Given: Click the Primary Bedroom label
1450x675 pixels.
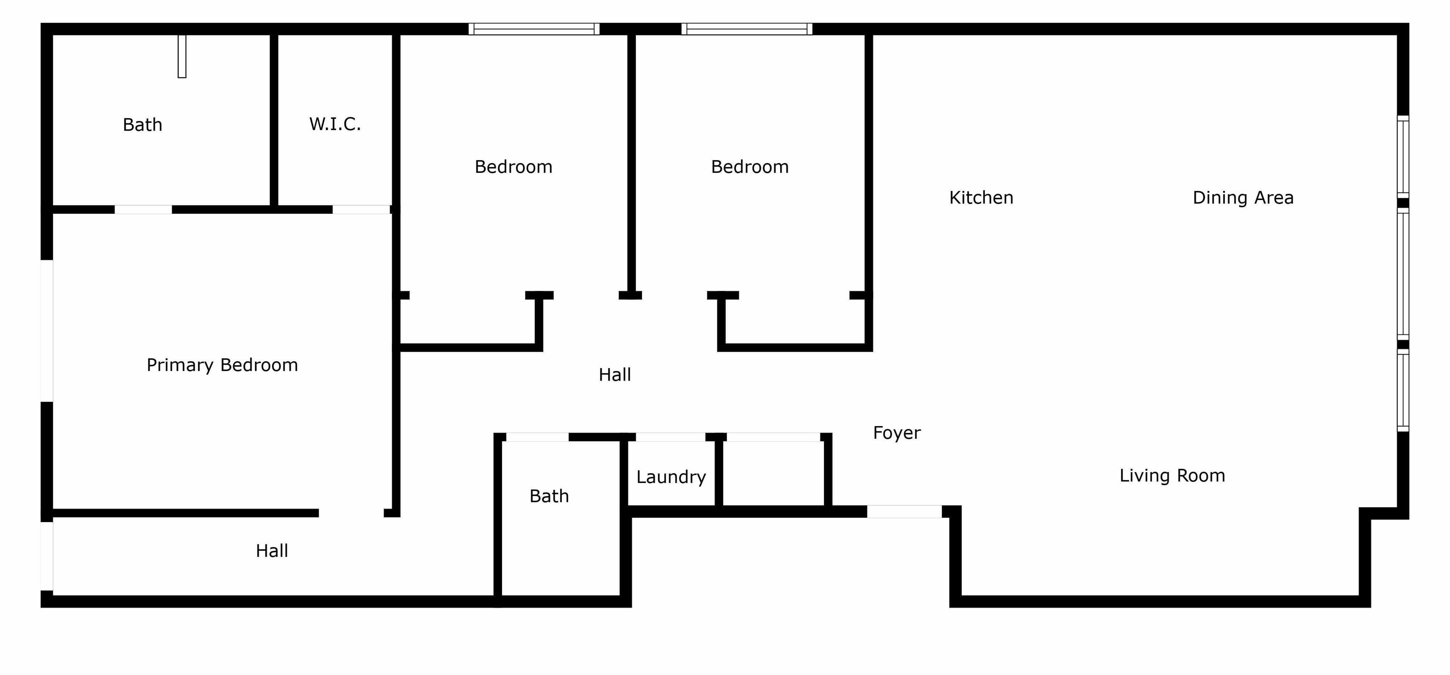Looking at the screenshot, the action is tap(222, 365).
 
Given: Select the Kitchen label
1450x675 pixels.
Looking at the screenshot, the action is tap(981, 197).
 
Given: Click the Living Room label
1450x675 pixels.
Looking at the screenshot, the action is tap(1172, 476).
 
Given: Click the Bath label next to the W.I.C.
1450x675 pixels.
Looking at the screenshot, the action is tap(142, 125).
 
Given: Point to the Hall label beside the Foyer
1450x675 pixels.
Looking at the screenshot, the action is tap(615, 374).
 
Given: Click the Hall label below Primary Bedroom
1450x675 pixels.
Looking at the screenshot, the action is tap(272, 550).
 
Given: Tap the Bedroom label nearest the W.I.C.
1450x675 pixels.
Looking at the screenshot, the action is tap(514, 166).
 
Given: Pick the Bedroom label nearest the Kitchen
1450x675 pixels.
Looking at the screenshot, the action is tap(750, 166).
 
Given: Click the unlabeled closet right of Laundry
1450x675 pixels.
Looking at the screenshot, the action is tap(773, 473).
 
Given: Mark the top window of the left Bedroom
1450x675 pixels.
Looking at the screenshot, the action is tap(534, 29).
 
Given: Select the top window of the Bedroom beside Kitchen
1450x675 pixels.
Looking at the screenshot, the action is tap(747, 29).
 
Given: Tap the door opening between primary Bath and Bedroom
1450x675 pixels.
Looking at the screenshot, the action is tap(143, 210).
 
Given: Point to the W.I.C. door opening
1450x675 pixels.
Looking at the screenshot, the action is tap(361, 210).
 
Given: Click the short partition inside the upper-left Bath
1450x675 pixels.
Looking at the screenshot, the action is tap(182, 56).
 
